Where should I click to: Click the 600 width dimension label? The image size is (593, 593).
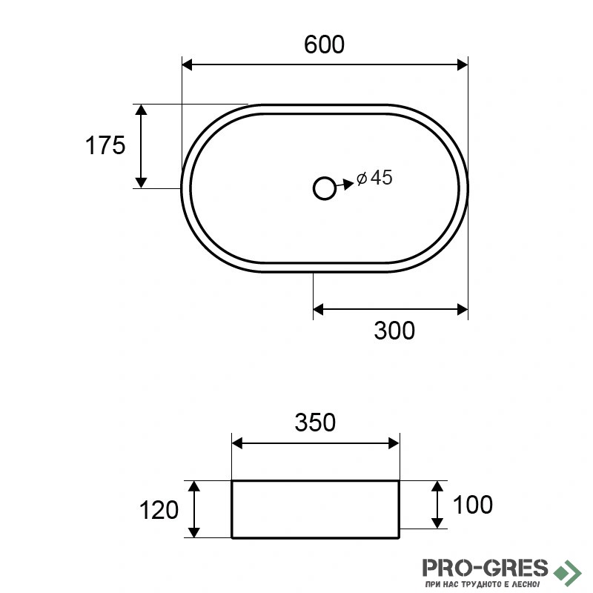[x=324, y=44]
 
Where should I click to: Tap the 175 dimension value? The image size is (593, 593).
[x=105, y=145]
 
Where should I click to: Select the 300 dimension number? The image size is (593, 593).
[x=394, y=331]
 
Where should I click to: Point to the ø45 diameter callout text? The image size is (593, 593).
[x=375, y=178]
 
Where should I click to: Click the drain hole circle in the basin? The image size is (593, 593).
[x=325, y=188]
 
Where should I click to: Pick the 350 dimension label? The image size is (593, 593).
[x=315, y=423]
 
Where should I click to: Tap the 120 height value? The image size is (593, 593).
[x=159, y=510]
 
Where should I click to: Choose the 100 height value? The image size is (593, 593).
[x=473, y=505]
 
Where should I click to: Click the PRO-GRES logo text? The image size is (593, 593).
[x=485, y=568]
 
